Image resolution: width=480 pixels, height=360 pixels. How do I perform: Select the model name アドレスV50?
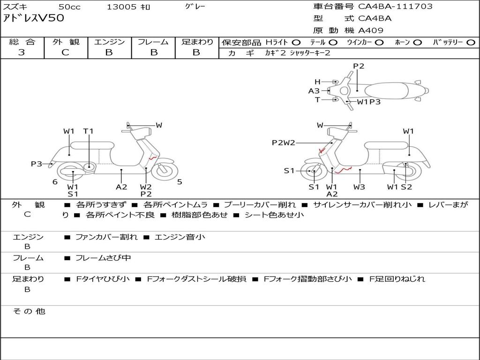34,18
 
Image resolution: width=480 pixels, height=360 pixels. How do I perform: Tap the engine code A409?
371,30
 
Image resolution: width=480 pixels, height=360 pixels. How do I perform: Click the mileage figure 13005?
121,7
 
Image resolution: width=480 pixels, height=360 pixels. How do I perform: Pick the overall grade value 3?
22,52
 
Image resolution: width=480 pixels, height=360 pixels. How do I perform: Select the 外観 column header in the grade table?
66,42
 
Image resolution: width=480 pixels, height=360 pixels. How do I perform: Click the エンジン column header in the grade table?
109,42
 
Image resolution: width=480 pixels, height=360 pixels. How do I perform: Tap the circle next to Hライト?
296,42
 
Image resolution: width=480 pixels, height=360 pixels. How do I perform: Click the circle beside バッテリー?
471,42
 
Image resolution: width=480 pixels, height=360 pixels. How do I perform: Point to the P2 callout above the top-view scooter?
359,66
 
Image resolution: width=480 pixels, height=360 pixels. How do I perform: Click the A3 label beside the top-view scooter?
314,91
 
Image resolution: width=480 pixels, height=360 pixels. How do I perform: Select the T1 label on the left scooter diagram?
89,131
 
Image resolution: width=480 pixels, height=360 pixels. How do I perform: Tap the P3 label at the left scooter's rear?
37,164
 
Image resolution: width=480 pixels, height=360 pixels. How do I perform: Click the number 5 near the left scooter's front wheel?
180,182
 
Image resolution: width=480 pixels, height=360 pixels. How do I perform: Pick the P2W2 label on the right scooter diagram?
283,143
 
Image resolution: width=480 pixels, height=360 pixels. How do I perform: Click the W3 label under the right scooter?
360,187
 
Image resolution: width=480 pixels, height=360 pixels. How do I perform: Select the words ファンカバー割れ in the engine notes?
106,237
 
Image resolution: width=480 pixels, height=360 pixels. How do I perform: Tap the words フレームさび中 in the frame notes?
103,258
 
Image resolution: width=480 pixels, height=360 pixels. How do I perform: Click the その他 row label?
29,311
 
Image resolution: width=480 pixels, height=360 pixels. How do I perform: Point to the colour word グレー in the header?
195,7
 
